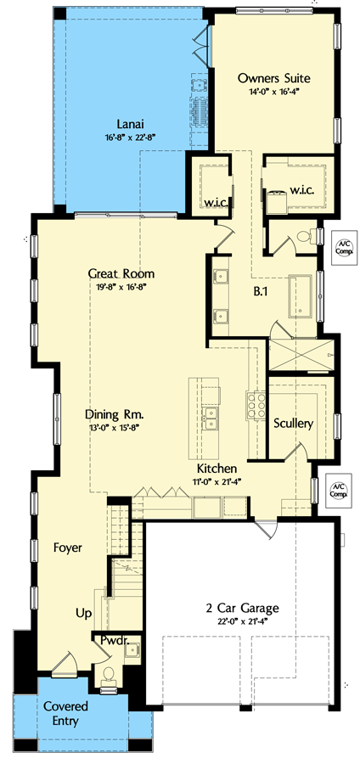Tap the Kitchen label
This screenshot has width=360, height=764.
[217, 468]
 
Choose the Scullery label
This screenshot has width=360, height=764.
[294, 423]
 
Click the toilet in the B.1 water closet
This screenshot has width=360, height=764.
[306, 237]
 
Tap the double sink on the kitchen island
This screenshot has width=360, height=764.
[209, 416]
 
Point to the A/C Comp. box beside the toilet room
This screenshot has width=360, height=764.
[342, 246]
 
